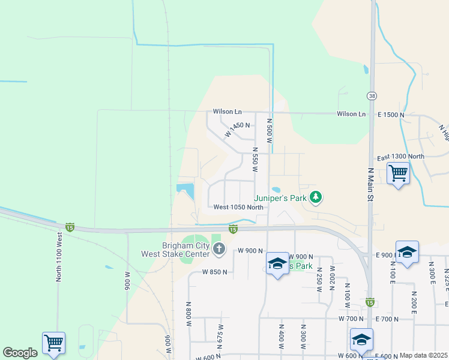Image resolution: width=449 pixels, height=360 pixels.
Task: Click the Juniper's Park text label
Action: pos(280,197)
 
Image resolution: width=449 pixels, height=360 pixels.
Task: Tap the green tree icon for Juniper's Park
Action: pos(316,197)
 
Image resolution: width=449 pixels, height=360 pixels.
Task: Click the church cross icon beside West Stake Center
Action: pos(219,248)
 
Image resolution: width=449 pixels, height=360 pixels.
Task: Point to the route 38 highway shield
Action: pos(372,95)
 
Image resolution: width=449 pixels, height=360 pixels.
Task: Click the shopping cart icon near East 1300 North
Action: pos(398,173)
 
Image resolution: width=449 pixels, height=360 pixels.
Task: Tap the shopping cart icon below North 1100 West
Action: pos(53,343)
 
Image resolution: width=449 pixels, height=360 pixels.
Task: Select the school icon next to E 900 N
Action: pos(406,251)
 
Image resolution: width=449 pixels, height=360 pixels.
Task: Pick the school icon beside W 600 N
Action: pos(361,339)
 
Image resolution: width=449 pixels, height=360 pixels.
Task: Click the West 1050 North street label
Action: pos(238,208)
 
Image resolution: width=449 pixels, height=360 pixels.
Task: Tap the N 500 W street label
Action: pos(270,130)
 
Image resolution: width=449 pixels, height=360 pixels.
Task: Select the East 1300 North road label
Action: pos(400,157)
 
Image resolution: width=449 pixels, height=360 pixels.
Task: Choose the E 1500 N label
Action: pos(391,114)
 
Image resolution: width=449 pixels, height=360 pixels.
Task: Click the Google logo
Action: pos(20,353)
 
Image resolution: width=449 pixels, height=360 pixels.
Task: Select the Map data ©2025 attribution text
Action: pos(424,355)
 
